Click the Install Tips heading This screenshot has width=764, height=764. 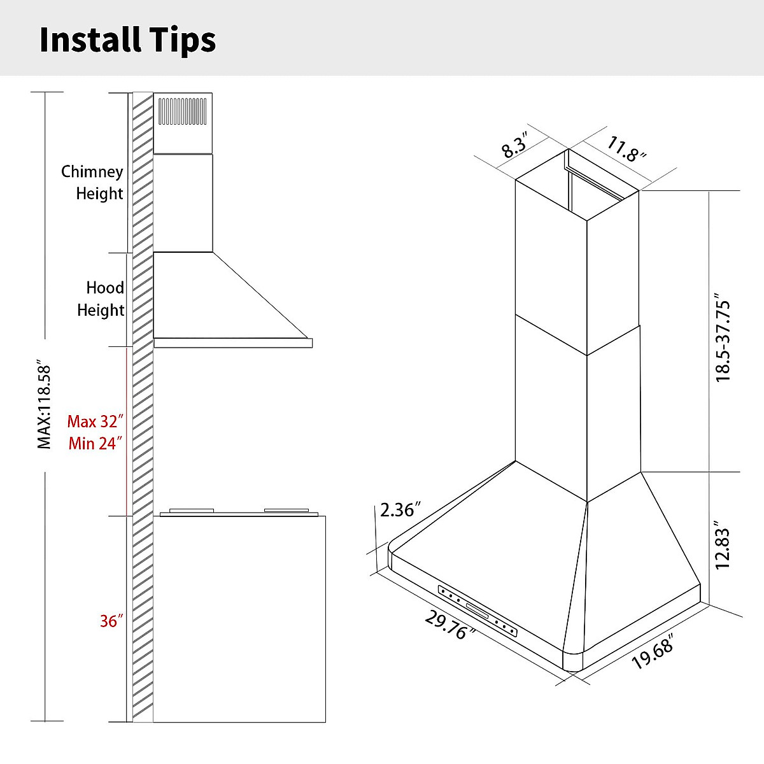pos(127,39)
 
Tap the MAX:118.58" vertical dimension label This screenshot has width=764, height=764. pos(44,406)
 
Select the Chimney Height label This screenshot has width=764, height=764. pos(92,182)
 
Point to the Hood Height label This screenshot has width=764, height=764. pos(101,299)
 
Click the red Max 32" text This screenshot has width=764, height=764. pos(95,421)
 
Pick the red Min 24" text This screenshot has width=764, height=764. pos(95,443)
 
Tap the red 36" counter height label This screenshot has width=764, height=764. pos(111,621)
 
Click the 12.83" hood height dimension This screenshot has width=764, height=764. pos(723,546)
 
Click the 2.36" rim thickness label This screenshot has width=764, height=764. pos(400,509)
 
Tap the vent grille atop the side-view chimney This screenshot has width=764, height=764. pos(183,111)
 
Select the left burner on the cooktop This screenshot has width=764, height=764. pos(191,511)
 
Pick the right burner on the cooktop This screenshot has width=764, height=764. pos(286,511)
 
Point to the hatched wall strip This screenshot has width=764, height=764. pos(143,407)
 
